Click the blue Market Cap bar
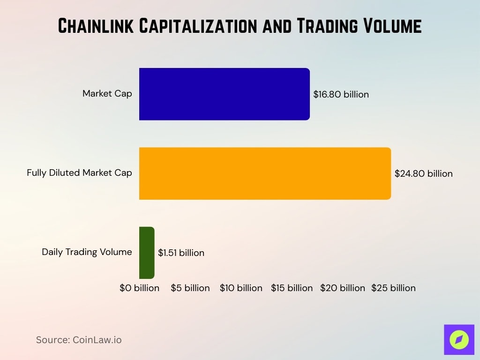[224, 94]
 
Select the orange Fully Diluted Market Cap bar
[265, 173]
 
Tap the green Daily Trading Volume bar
[147, 253]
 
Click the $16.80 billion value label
[341, 94]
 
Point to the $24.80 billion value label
[423, 174]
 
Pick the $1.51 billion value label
[181, 253]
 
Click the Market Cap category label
[107, 93]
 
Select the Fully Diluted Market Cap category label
[79, 173]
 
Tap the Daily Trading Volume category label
[87, 252]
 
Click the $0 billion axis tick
[139, 288]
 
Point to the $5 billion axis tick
[190, 288]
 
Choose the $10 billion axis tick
[241, 288]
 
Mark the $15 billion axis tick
[292, 288]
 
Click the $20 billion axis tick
[342, 288]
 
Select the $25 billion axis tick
[393, 288]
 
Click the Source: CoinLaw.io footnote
[79, 340]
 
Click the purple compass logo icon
[459, 339]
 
